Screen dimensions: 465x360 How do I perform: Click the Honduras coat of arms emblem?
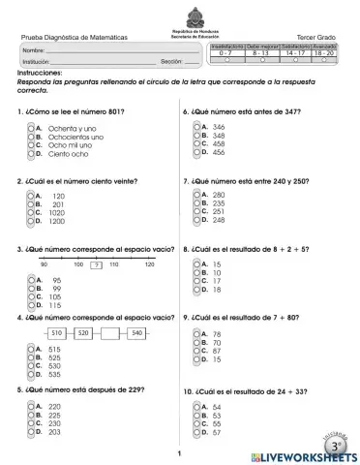(181, 15)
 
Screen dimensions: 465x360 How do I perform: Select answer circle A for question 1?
(32, 127)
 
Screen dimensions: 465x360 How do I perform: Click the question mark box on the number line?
(95, 263)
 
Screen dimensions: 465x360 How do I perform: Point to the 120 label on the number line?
(149, 263)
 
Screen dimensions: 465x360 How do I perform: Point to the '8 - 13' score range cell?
(260, 52)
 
